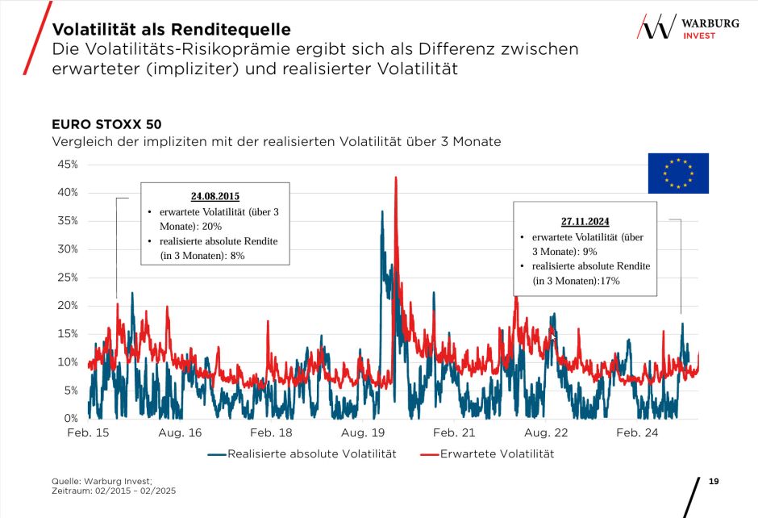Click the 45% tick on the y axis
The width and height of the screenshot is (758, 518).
(67, 165)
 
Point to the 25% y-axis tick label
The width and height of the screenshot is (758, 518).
(67, 278)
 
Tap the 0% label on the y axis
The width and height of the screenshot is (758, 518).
(70, 419)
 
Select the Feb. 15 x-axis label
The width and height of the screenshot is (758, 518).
(88, 433)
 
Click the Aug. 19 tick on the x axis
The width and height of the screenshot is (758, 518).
(364, 433)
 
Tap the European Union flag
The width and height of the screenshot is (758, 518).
(678, 173)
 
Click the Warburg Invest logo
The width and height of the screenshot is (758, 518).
(688, 27)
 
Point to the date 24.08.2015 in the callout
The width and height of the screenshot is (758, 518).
(215, 196)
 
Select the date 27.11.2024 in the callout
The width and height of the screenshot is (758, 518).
(585, 221)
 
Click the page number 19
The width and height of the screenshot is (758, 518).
(713, 482)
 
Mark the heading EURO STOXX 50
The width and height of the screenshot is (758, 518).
(106, 125)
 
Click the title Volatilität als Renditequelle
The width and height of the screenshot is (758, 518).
(171, 29)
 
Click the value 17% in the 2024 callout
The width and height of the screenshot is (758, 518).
(609, 281)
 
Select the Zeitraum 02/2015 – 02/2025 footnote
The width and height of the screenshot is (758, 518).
(113, 491)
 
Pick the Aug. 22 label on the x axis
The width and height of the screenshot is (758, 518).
(546, 433)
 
